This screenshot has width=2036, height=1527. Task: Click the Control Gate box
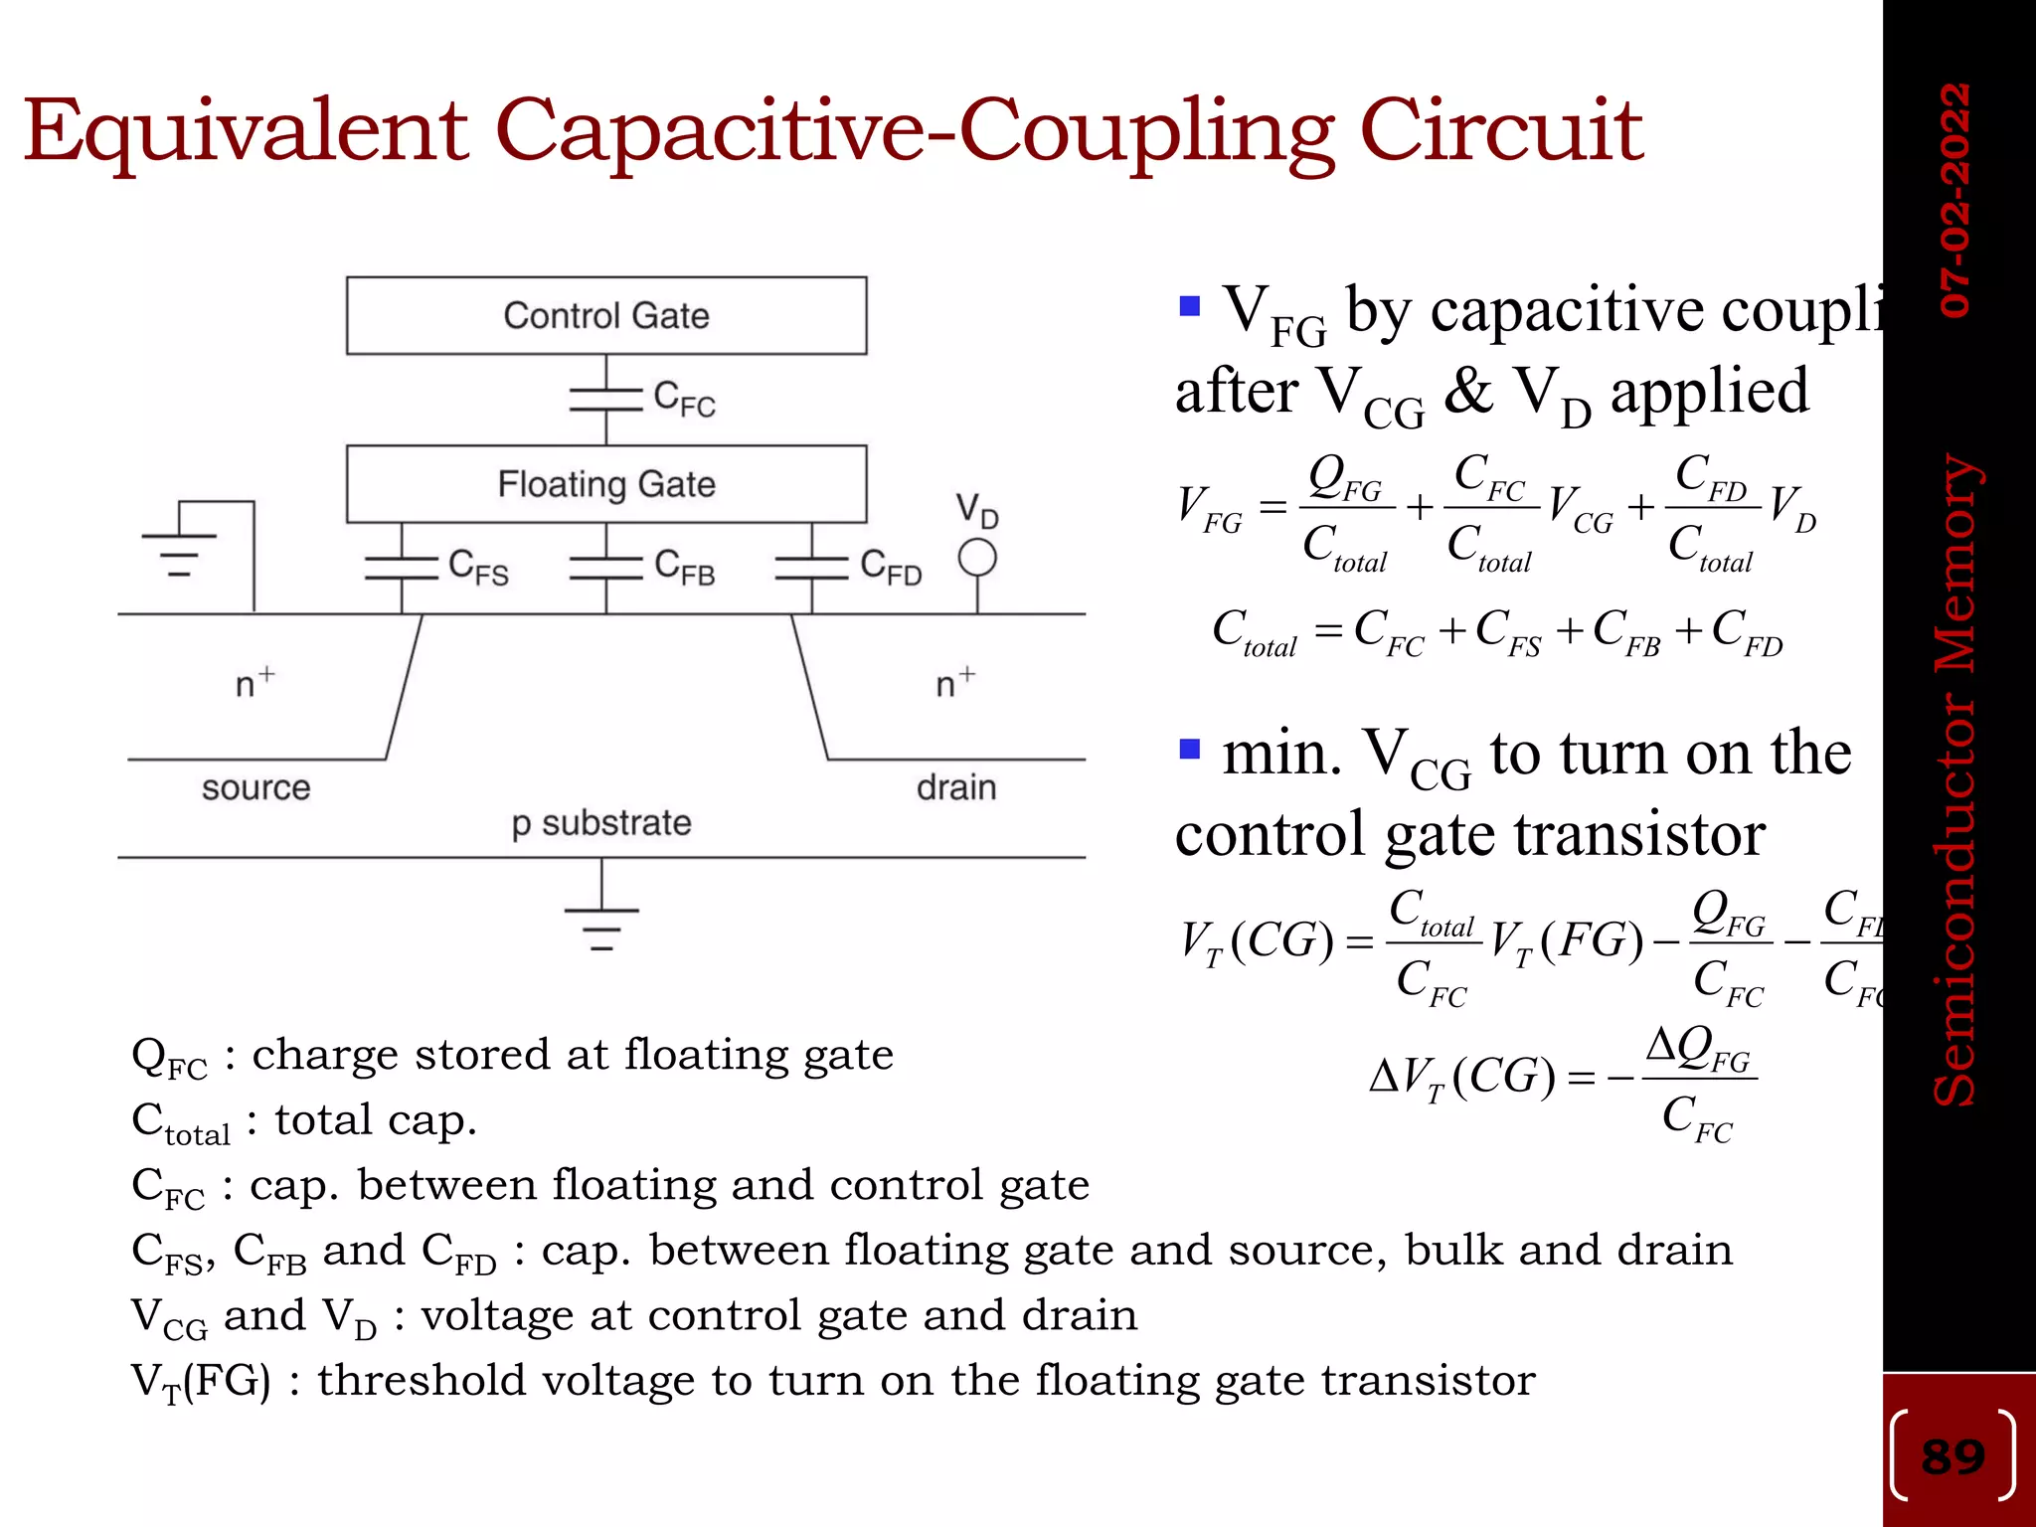pyautogui.click(x=605, y=315)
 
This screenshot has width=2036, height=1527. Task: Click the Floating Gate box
pyautogui.click(x=605, y=484)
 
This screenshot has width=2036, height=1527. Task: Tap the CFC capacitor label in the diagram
pyautogui.click(x=684, y=399)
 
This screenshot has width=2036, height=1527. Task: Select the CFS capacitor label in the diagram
pyautogui.click(x=478, y=567)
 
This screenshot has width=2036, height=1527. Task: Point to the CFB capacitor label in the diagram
pyautogui.click(x=684, y=567)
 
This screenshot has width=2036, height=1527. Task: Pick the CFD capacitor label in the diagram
pyautogui.click(x=891, y=567)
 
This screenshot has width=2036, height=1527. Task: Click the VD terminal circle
pyautogui.click(x=977, y=558)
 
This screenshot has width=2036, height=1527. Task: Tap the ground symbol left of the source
pyautogui.click(x=180, y=553)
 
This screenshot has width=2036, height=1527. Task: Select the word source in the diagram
pyautogui.click(x=255, y=787)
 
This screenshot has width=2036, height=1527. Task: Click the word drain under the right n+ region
pyautogui.click(x=956, y=787)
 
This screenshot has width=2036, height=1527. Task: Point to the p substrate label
pyautogui.click(x=600, y=823)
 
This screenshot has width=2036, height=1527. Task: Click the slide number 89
pyautogui.click(x=1952, y=1457)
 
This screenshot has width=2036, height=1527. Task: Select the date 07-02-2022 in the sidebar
pyautogui.click(x=1954, y=200)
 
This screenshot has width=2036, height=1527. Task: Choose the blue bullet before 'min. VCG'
pyautogui.click(x=1190, y=748)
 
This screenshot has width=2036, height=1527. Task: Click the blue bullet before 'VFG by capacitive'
pyautogui.click(x=1190, y=304)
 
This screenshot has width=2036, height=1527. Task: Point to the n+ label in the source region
pyautogui.click(x=254, y=683)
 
